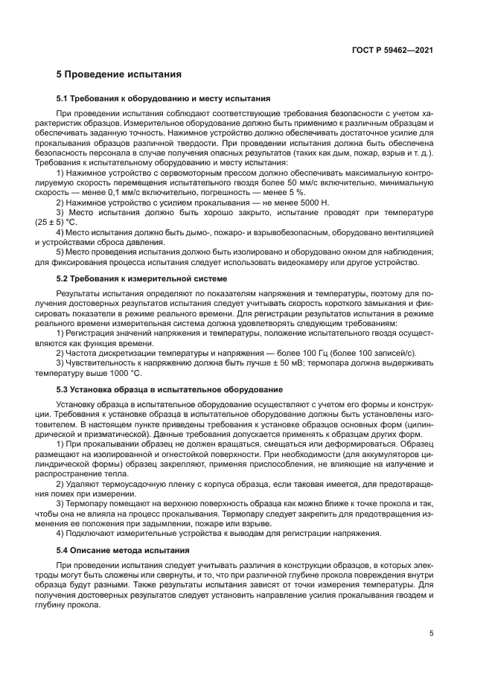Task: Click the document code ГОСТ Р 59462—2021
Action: pyautogui.click(x=392, y=51)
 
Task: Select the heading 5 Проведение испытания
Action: pyautogui.click(x=119, y=74)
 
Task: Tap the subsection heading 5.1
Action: pyautogui.click(x=163, y=98)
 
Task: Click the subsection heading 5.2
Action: pyautogui.click(x=141, y=278)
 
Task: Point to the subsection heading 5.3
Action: pyautogui.click(x=170, y=389)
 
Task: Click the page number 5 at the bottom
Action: pyautogui.click(x=431, y=634)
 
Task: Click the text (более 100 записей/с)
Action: pyautogui.click(x=360, y=352)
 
